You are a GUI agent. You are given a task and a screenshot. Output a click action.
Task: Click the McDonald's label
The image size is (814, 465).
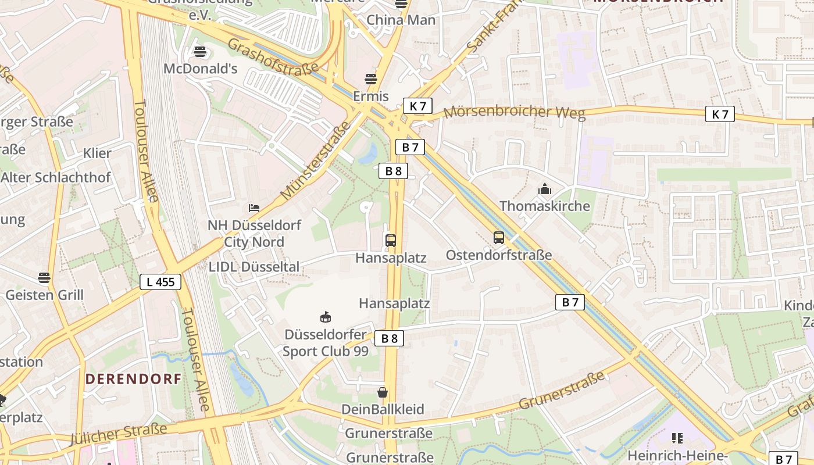[201, 69]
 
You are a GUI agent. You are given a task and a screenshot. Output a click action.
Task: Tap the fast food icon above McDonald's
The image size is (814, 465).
[200, 52]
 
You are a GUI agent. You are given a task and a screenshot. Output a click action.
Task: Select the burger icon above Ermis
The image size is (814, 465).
[371, 79]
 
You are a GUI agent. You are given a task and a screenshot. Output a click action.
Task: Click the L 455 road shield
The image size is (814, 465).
[160, 282]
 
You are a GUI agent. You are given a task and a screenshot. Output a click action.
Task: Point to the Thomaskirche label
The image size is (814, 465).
[544, 206]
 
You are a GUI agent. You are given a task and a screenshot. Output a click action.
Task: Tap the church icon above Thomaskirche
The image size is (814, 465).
[544, 189]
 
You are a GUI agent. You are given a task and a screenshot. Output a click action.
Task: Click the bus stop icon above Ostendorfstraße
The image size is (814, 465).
[498, 237]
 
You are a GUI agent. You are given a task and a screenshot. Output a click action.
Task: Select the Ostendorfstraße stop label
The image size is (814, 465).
[498, 255]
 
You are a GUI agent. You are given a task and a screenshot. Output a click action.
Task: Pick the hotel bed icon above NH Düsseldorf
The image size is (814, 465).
[254, 208]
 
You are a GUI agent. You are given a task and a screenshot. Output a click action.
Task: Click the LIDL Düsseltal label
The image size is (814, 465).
[254, 267]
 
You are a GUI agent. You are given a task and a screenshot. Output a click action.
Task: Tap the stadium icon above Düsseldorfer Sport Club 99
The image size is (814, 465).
[326, 317]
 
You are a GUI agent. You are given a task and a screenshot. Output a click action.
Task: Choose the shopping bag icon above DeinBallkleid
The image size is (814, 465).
[382, 392]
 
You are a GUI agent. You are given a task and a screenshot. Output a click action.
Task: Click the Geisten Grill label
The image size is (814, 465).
[44, 295]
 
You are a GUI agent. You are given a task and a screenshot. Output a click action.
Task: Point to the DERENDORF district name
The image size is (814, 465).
[133, 379]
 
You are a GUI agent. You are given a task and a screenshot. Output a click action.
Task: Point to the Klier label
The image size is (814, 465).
[97, 153]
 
